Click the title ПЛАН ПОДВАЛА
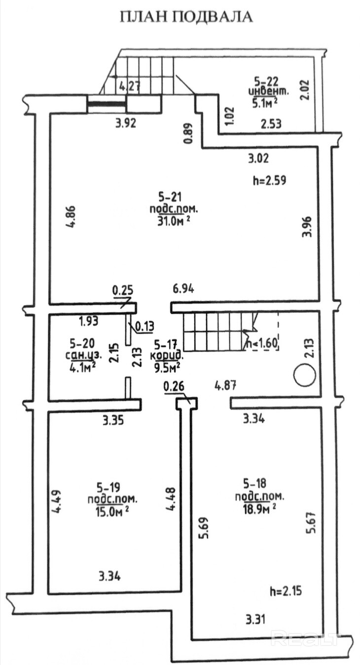[186, 17]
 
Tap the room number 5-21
[170, 196]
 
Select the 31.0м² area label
[174, 222]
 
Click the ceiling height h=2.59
[269, 181]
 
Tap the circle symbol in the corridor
[304, 375]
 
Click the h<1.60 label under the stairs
[262, 343]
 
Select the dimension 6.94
[184, 288]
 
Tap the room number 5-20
[82, 343]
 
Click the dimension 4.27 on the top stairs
[130, 86]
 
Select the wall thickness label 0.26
[174, 387]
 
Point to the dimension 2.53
[271, 124]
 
